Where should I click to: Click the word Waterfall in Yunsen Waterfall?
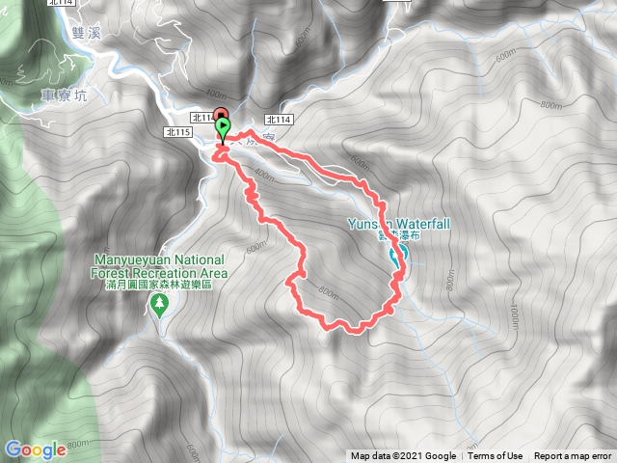[x=419, y=224]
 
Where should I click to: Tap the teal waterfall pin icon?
[x=395, y=255]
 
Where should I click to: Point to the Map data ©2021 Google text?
[x=403, y=456]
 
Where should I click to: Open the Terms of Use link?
[x=496, y=456]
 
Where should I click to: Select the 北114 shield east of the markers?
[x=278, y=120]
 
